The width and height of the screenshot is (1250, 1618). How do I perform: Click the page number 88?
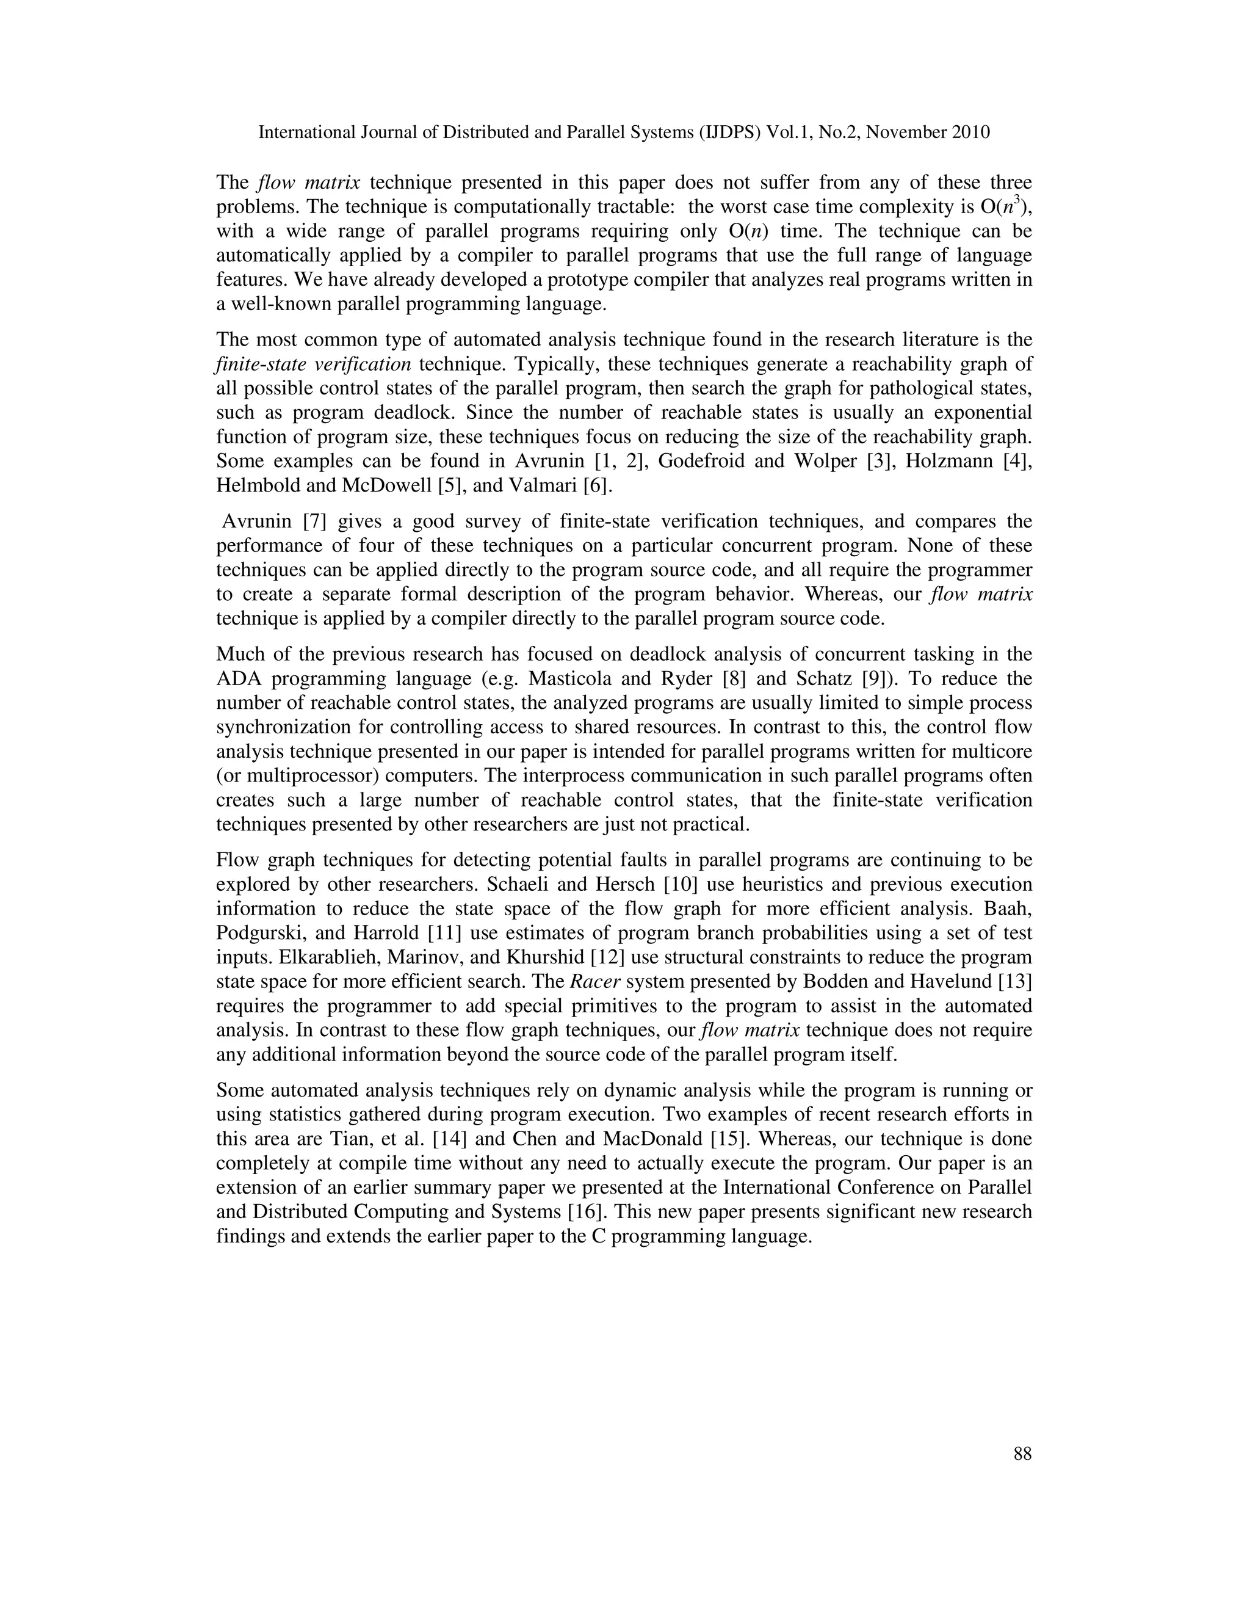[1022, 1454]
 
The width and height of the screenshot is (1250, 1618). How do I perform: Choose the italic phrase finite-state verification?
[313, 365]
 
